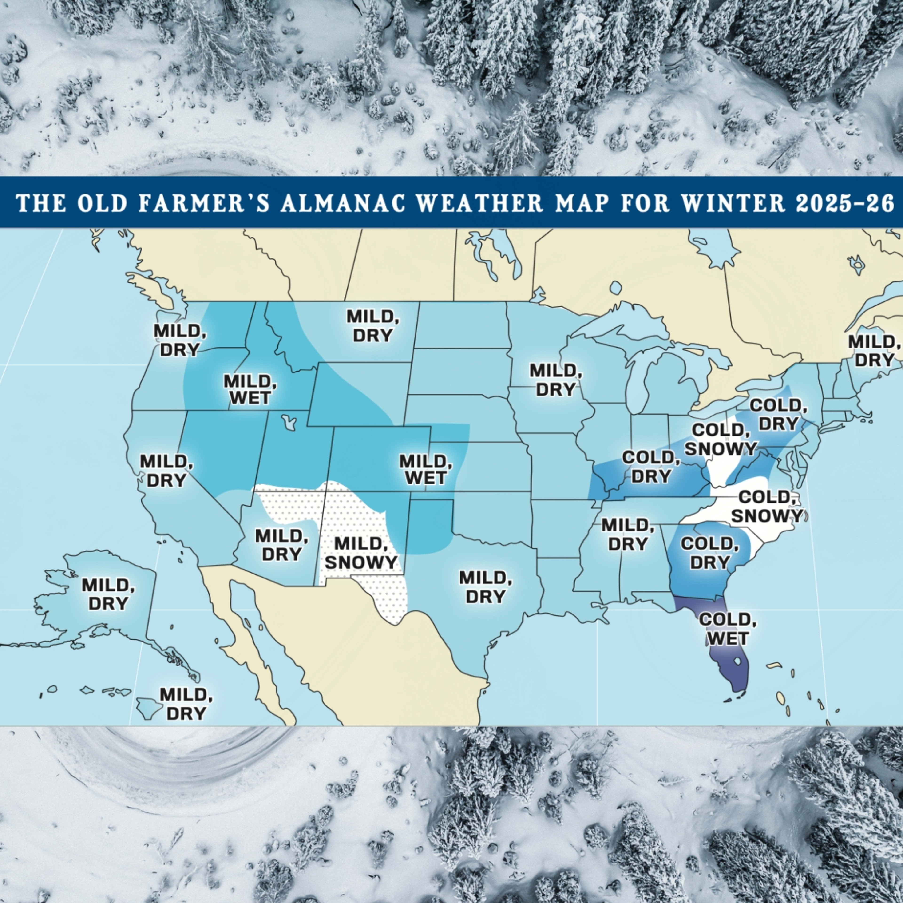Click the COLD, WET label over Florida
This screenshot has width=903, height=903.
coord(727,629)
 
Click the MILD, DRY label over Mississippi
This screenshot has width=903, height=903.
coord(627,534)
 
